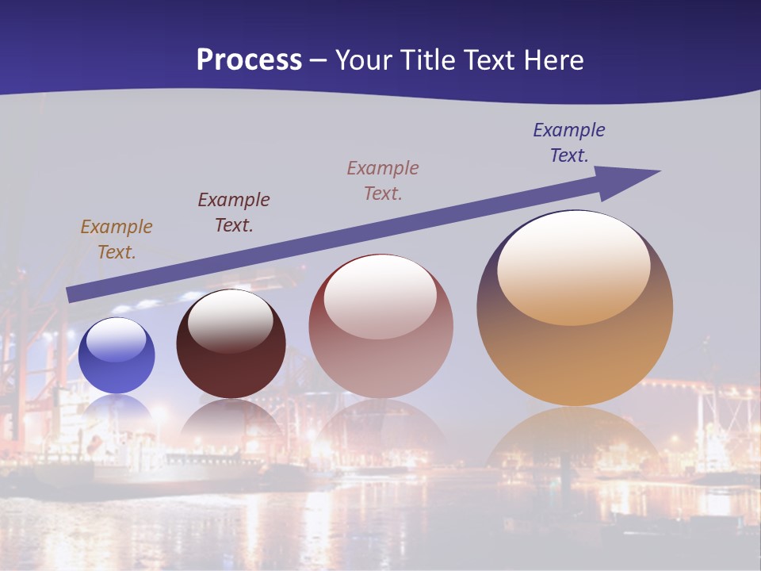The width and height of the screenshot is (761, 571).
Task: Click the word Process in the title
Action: click(x=249, y=60)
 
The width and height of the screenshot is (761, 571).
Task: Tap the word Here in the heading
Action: click(x=553, y=60)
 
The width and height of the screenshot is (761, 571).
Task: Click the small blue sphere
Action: click(x=117, y=355)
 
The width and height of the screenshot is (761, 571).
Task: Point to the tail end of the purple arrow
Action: click(x=71, y=295)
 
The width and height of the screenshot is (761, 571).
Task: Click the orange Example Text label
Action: click(x=117, y=240)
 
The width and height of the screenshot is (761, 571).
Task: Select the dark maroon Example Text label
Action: click(x=234, y=213)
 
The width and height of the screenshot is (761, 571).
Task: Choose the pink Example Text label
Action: click(x=383, y=180)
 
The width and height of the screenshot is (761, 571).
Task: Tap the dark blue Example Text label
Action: click(x=569, y=143)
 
